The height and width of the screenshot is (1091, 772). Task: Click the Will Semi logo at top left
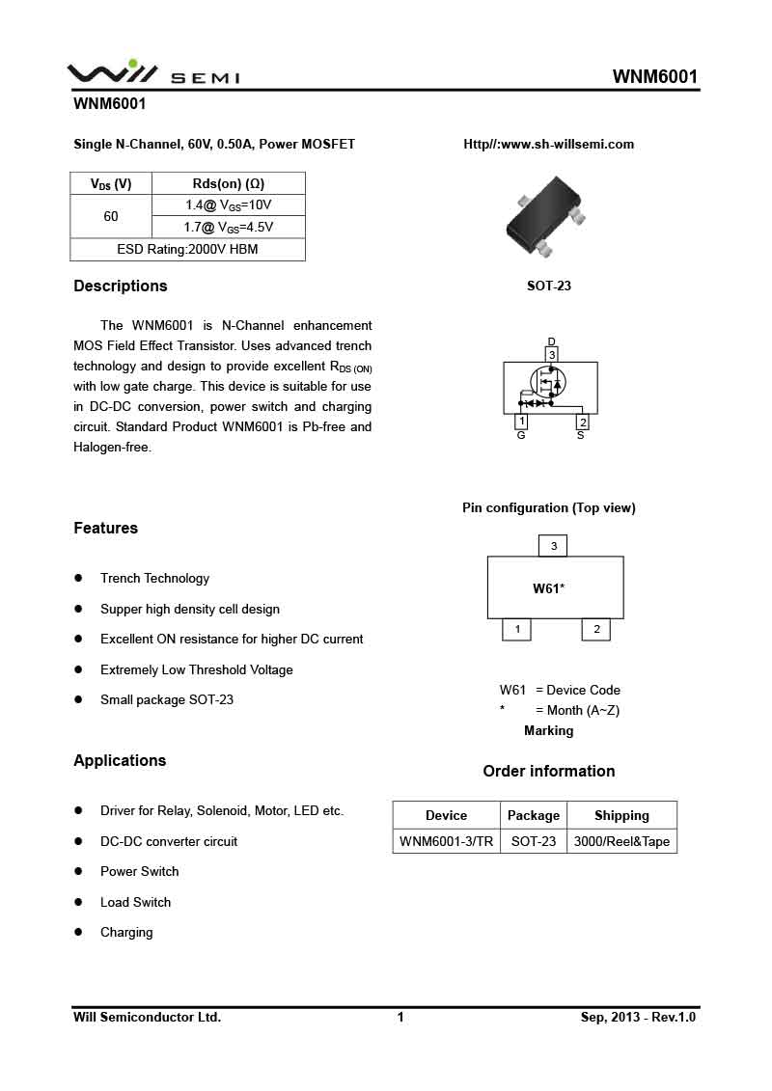[152, 73]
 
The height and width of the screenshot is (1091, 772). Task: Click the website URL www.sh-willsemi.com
[549, 144]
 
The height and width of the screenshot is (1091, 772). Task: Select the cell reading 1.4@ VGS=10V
[229, 205]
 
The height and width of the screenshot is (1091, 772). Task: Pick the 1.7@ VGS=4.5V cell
[229, 228]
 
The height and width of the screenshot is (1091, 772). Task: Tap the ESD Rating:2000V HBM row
[187, 250]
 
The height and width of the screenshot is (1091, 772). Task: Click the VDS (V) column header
[111, 183]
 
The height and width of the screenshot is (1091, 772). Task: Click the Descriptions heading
[121, 286]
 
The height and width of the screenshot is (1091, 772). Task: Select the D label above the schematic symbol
[552, 341]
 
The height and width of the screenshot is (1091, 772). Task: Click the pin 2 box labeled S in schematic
[583, 422]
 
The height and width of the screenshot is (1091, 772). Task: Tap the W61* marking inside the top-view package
[548, 588]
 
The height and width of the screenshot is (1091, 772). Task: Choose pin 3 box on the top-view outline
[553, 546]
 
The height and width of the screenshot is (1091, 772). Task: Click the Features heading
[105, 528]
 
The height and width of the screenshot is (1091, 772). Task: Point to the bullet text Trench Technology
[154, 579]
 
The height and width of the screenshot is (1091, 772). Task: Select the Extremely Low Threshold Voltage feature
[197, 669]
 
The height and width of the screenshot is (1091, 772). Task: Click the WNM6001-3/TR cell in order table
[446, 841]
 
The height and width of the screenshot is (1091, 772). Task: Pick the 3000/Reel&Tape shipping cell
[621, 841]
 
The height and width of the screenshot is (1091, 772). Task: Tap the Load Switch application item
[135, 902]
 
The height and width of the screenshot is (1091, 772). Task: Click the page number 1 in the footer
[400, 1017]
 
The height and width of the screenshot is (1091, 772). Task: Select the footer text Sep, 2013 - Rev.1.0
[638, 1017]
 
